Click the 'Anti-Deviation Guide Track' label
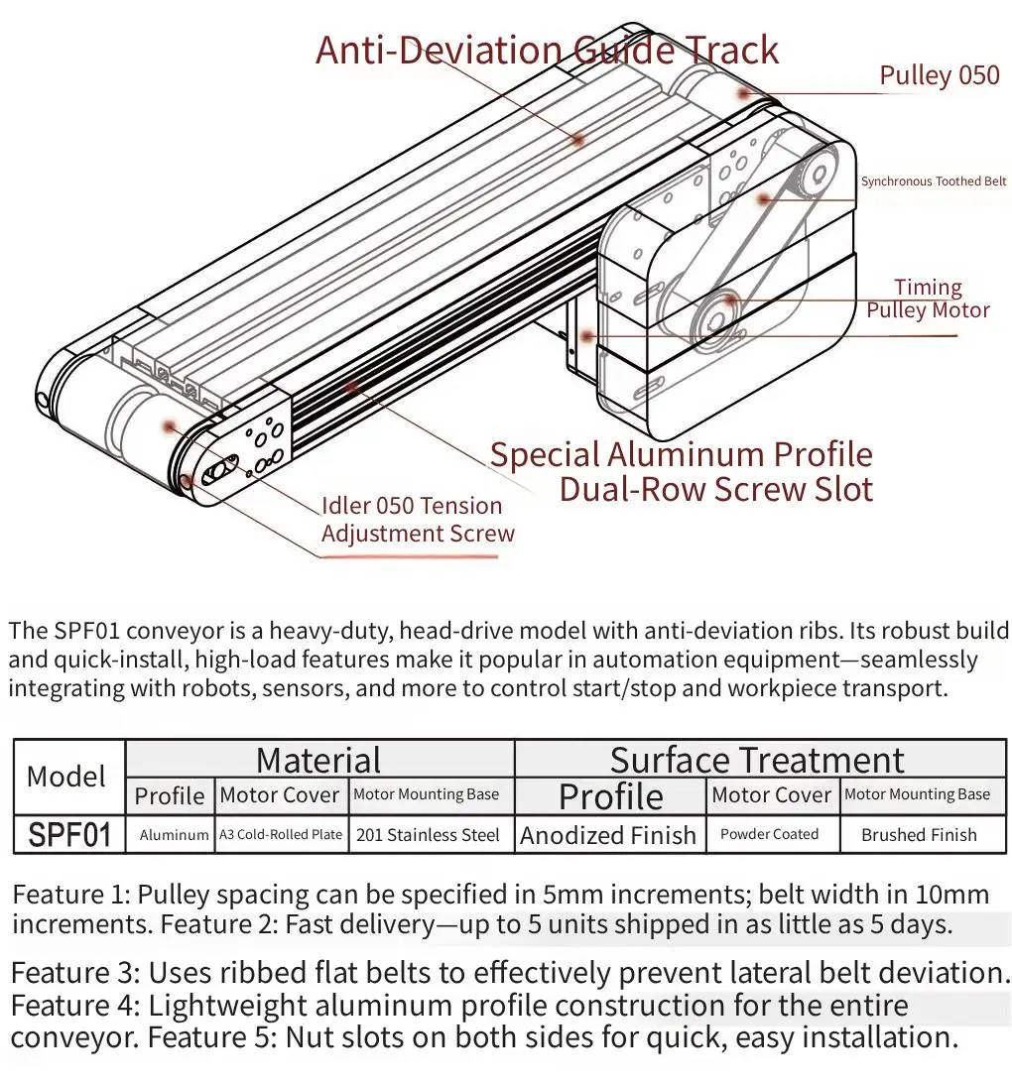pyautogui.click(x=547, y=51)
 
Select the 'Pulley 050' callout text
pyautogui.click(x=939, y=75)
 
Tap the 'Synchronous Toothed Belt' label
pyautogui.click(x=933, y=181)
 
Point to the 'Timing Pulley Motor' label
pyautogui.click(x=928, y=299)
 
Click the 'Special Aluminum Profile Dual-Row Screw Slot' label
pyautogui.click(x=682, y=471)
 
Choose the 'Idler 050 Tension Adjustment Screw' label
pyautogui.click(x=418, y=519)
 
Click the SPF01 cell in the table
pyautogui.click(x=68, y=834)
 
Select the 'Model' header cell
pyautogui.click(x=66, y=777)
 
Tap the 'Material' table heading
pyautogui.click(x=318, y=760)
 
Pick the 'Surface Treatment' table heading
pyautogui.click(x=757, y=760)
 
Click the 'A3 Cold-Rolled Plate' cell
pyautogui.click(x=281, y=835)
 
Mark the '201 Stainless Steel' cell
pyautogui.click(x=428, y=835)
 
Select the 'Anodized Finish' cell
pyautogui.click(x=608, y=835)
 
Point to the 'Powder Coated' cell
pyautogui.click(x=769, y=835)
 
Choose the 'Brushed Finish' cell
pyautogui.click(x=919, y=835)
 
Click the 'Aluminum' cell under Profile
pyautogui.click(x=174, y=835)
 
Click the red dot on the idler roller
pyautogui.click(x=170, y=425)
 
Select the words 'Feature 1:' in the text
pyautogui.click(x=69, y=895)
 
